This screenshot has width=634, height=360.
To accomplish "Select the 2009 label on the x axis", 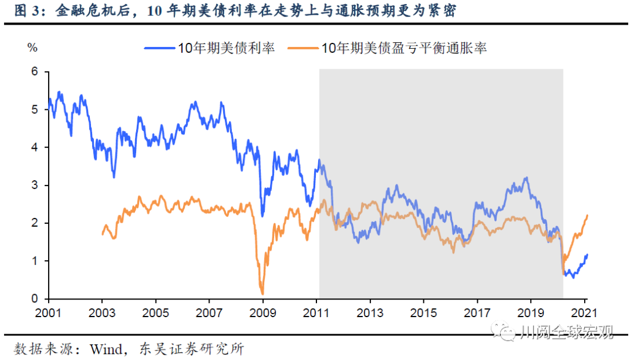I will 263,312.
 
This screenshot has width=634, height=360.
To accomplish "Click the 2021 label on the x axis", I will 585,312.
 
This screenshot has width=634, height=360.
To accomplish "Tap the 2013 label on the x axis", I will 370,312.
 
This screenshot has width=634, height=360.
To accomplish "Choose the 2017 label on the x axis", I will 478,312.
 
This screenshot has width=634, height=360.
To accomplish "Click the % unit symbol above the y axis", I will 32,48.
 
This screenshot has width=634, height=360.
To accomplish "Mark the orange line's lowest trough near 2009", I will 262,294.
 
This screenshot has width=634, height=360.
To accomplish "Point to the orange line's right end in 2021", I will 588,216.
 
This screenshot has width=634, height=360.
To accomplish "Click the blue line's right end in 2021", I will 588,254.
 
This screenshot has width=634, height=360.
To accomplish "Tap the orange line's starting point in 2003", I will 103,234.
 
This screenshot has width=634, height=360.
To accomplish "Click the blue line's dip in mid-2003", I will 114,177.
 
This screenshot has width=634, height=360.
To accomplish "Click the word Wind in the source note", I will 105,349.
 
